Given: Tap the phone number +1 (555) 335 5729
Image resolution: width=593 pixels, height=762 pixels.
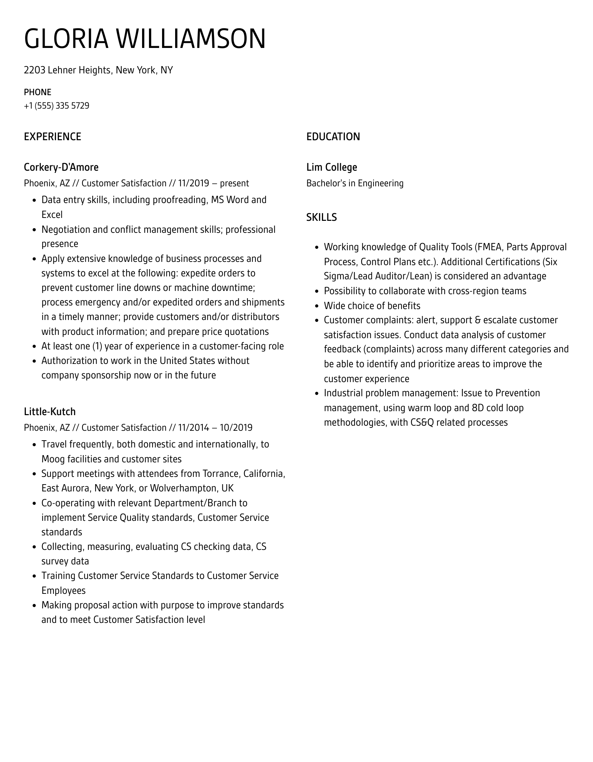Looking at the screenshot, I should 56,106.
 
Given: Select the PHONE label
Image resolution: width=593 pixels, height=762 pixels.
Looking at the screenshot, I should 37,92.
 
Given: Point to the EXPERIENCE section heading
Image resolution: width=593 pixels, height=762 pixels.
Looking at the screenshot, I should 52,137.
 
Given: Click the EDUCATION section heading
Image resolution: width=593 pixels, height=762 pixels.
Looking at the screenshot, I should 333,137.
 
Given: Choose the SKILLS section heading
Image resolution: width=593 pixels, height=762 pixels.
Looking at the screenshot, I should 321,217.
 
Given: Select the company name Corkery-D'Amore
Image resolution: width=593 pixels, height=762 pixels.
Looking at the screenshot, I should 61,167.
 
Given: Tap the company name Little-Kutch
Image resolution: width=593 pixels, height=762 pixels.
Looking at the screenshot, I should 50,412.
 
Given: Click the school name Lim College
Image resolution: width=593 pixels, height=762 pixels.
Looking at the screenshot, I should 331,167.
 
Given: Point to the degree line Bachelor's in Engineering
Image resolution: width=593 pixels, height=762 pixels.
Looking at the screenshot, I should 355,183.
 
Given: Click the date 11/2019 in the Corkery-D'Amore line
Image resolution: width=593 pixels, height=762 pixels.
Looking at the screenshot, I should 193,183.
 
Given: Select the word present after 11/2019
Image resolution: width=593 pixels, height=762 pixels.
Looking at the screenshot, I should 234,183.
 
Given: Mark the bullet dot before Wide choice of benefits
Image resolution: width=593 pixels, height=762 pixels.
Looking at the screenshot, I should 316,306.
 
